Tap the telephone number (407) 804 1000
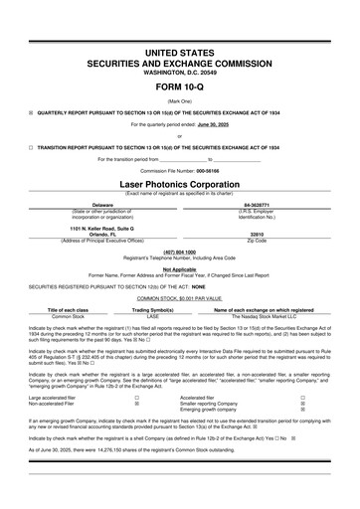coord(179,251)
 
